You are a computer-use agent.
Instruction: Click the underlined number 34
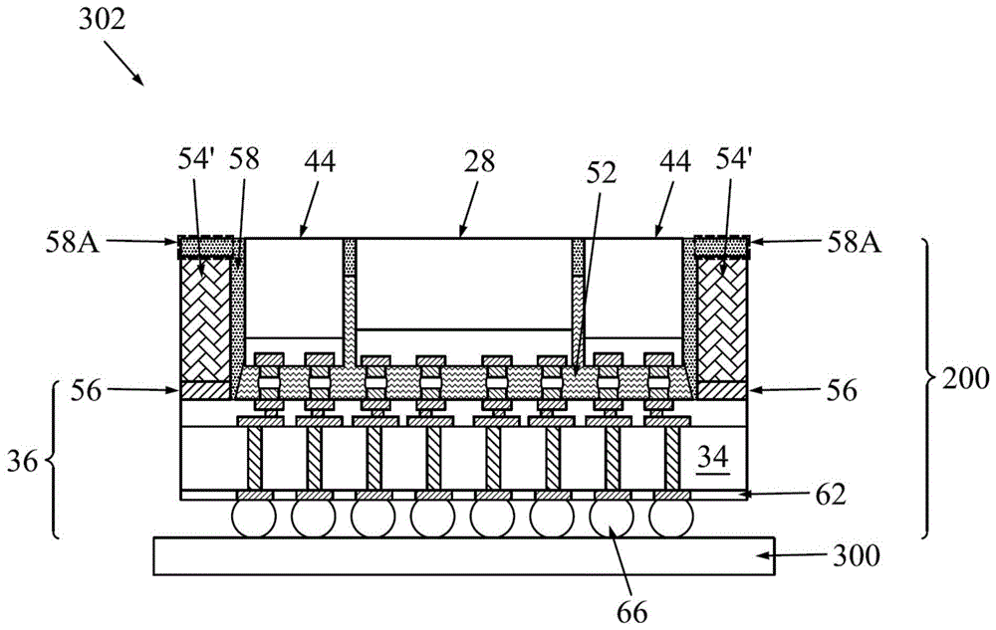712,459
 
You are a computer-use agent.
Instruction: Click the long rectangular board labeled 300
464,556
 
